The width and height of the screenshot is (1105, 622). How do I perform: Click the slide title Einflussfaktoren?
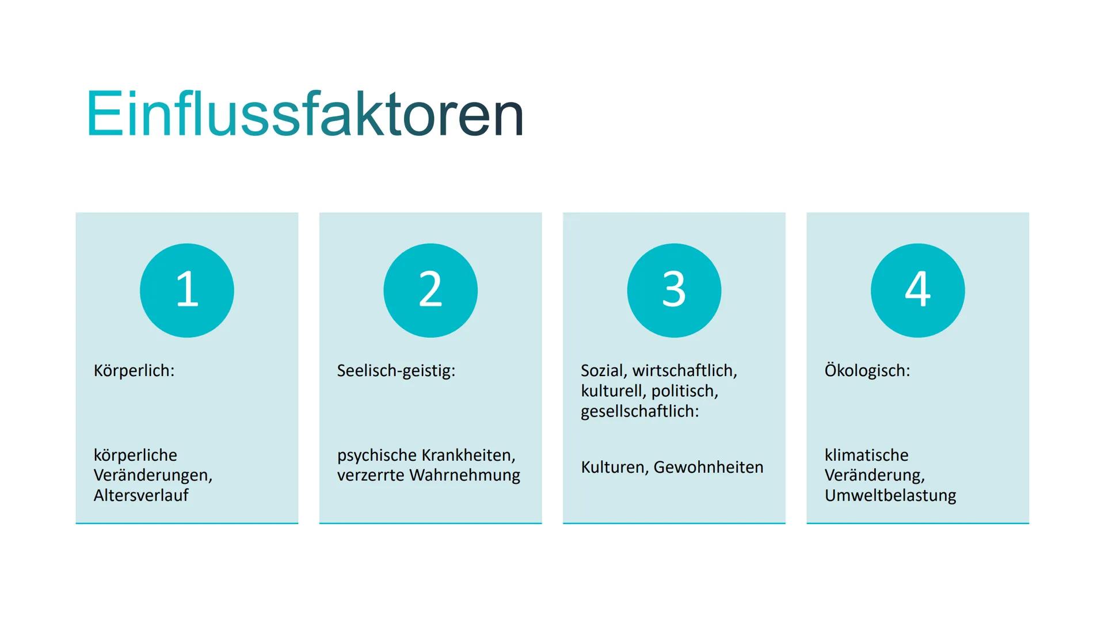pyautogui.click(x=305, y=113)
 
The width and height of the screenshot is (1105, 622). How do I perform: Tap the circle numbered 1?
pyautogui.click(x=187, y=290)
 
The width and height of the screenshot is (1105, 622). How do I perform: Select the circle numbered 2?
pyautogui.click(x=430, y=290)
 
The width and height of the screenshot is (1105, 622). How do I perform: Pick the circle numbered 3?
pyautogui.click(x=674, y=290)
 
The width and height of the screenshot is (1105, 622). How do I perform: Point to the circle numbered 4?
pyautogui.click(x=918, y=290)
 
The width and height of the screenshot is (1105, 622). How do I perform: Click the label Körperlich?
pyautogui.click(x=134, y=370)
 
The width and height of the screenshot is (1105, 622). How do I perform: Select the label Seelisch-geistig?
pyautogui.click(x=396, y=371)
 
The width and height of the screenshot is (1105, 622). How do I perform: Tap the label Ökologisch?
pyautogui.click(x=867, y=370)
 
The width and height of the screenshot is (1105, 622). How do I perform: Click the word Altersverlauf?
pyautogui.click(x=141, y=495)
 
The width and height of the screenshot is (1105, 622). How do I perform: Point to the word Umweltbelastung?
pyautogui.click(x=890, y=495)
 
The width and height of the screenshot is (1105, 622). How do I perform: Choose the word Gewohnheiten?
pyautogui.click(x=708, y=467)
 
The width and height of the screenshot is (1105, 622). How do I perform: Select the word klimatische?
pyautogui.click(x=866, y=455)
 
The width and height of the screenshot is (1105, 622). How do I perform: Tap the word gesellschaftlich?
pyautogui.click(x=640, y=412)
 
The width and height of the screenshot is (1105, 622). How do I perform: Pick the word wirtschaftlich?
pyautogui.click(x=685, y=371)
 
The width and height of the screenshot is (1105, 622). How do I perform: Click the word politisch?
pyautogui.click(x=685, y=392)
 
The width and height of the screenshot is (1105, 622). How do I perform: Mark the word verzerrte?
pyautogui.click(x=371, y=476)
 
